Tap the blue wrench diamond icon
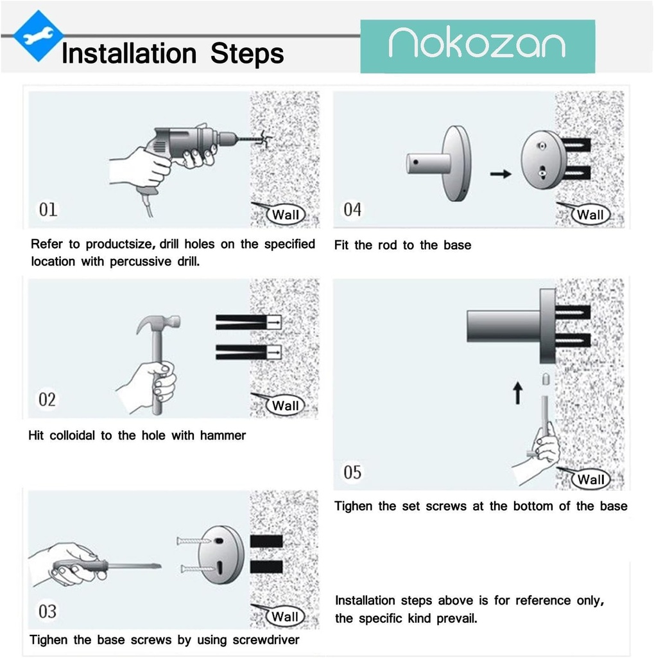click(39, 36)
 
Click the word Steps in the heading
click(247, 54)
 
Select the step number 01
click(47, 209)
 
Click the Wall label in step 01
click(286, 215)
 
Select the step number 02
click(47, 400)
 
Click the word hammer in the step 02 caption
click(223, 435)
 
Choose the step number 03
click(47, 612)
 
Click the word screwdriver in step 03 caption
click(266, 639)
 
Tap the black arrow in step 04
click(501, 173)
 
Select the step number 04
click(352, 209)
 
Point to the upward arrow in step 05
click(518, 393)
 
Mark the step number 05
click(352, 472)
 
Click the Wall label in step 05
click(590, 479)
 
